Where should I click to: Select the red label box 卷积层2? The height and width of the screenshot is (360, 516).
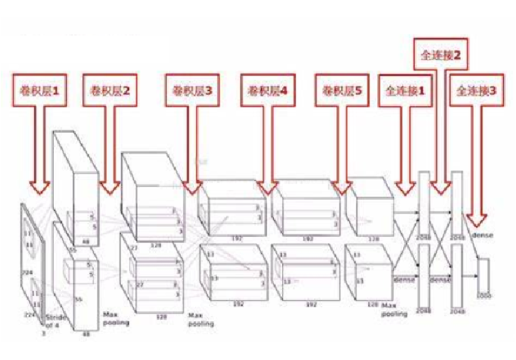click(x=110, y=91)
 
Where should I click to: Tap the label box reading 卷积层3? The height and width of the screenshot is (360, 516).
click(x=193, y=91)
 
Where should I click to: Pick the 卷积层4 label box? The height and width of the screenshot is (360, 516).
click(x=267, y=91)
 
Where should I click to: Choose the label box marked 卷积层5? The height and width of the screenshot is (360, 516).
click(x=342, y=91)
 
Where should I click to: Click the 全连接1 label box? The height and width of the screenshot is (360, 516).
click(x=405, y=91)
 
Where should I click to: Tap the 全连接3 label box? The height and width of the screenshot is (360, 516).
click(x=476, y=91)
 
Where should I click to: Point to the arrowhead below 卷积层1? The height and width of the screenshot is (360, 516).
click(x=41, y=186)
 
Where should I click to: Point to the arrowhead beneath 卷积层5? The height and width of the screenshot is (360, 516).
click(x=342, y=188)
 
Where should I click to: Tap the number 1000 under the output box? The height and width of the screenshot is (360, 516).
click(x=484, y=293)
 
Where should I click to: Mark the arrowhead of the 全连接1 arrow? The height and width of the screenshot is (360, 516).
click(x=405, y=188)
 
